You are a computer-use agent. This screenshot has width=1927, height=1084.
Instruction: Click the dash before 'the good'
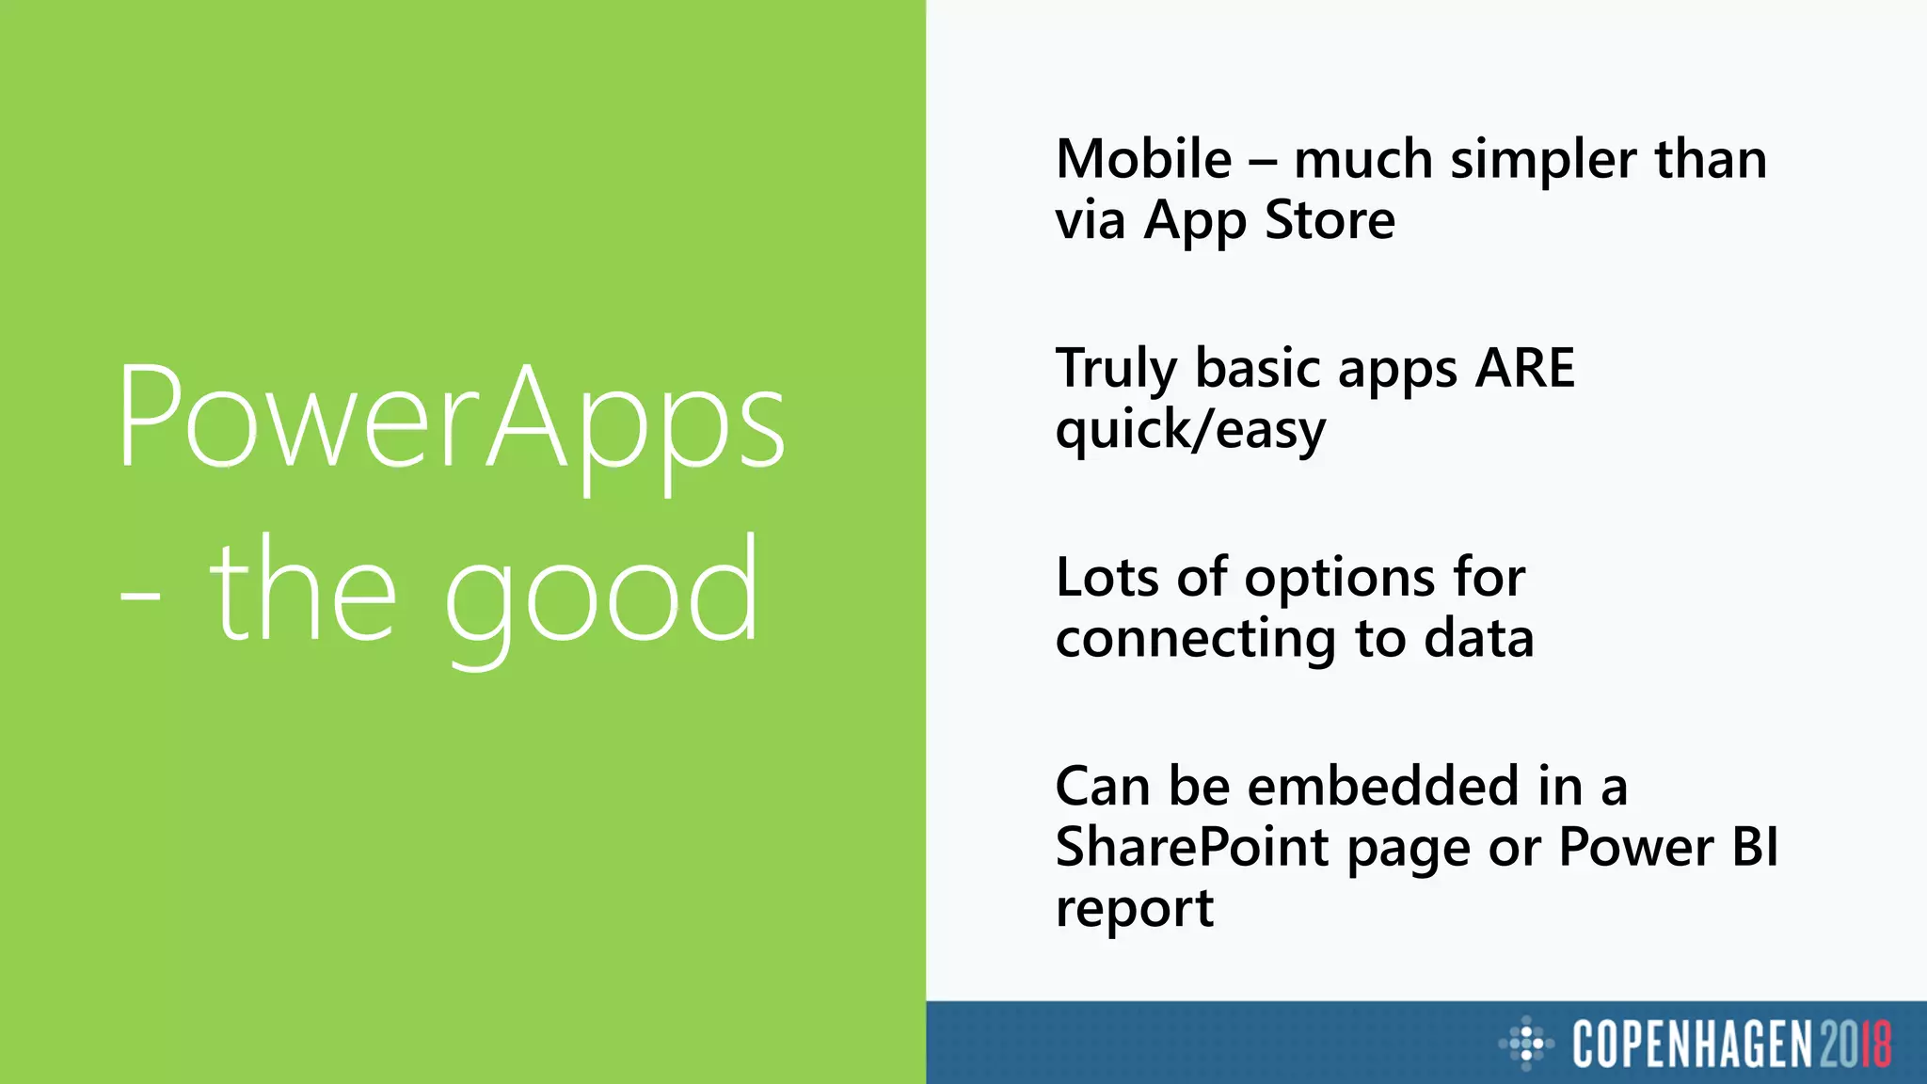(139, 596)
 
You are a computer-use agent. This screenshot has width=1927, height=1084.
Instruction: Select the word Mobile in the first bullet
(1143, 159)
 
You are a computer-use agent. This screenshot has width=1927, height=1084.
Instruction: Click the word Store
(1330, 220)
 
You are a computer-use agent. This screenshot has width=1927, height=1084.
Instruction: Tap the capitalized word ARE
(1524, 368)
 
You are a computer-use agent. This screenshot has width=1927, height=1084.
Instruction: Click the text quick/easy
(1190, 431)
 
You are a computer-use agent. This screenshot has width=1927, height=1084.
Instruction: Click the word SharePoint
(1191, 849)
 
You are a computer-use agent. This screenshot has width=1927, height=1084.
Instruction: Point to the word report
(1134, 910)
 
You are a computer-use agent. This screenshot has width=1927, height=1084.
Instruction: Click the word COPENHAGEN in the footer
(1692, 1044)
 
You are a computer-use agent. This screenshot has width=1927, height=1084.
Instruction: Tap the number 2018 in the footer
(1855, 1044)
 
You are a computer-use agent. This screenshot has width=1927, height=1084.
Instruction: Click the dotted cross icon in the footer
(1526, 1044)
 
